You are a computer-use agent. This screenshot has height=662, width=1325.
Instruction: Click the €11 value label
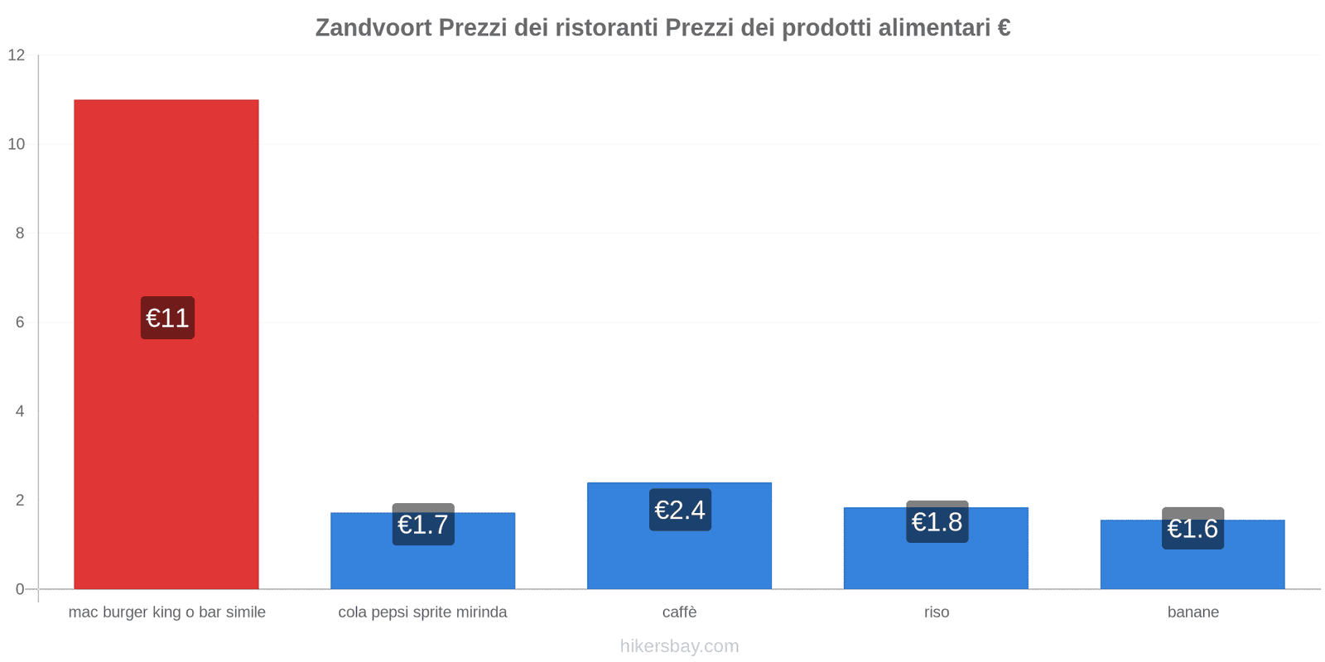pyautogui.click(x=167, y=318)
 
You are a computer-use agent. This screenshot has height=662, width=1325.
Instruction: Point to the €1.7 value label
pyautogui.click(x=423, y=525)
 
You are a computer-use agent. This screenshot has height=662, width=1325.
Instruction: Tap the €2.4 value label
pyautogui.click(x=680, y=510)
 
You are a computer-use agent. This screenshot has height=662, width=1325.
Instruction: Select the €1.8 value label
pyautogui.click(x=937, y=522)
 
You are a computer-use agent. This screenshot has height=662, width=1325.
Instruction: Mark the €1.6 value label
pyautogui.click(x=1192, y=528)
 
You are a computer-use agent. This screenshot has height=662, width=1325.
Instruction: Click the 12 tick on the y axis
pyautogui.click(x=17, y=55)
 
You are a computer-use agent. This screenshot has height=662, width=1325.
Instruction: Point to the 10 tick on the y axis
pyautogui.click(x=17, y=144)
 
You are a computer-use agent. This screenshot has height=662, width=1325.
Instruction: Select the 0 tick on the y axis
pyautogui.click(x=20, y=589)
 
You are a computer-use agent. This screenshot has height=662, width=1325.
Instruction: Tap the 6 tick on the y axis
pyautogui.click(x=20, y=322)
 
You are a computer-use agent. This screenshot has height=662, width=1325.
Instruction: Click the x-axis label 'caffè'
pyautogui.click(x=679, y=612)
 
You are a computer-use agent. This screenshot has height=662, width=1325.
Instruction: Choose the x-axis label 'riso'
pyautogui.click(x=937, y=612)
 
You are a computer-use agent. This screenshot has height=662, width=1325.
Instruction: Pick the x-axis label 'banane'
pyautogui.click(x=1192, y=612)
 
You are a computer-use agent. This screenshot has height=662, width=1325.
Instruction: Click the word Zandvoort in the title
pyautogui.click(x=373, y=28)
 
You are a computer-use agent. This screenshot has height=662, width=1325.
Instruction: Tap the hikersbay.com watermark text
pyautogui.click(x=679, y=646)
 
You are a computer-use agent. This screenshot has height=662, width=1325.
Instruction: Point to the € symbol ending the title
pyautogui.click(x=1004, y=28)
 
